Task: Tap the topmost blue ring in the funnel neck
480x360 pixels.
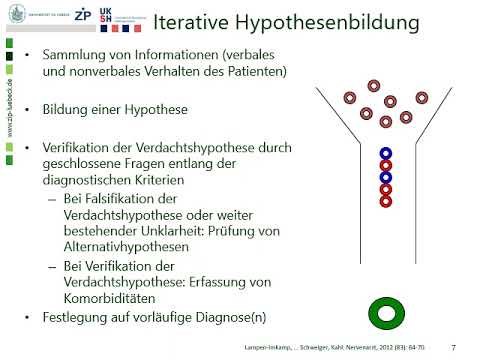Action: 386,154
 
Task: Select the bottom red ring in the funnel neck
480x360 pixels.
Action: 386,200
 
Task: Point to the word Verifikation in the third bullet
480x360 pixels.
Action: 82,148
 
